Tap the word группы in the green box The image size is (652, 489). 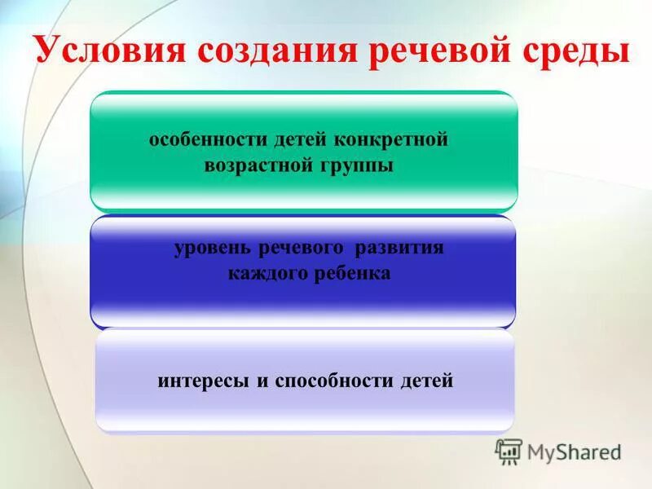point(357,166)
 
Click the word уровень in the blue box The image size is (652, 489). point(214,249)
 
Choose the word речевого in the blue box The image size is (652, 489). point(301,249)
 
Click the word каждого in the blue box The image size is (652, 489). point(266,274)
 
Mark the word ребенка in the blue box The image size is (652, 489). point(350,274)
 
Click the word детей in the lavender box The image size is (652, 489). point(426,381)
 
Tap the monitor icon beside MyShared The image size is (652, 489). point(509,451)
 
